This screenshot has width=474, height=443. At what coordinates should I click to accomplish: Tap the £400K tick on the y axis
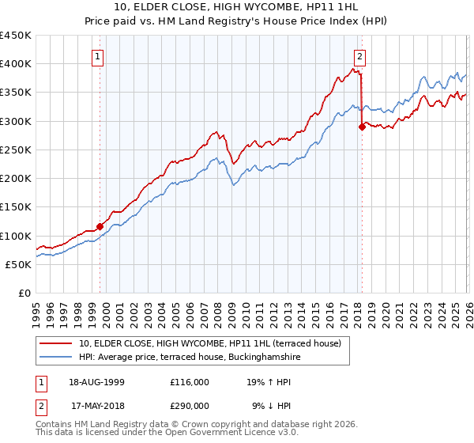(16, 64)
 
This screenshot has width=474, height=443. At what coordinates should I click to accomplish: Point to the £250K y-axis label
(16, 150)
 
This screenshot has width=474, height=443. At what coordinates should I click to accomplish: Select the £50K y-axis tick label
(18, 264)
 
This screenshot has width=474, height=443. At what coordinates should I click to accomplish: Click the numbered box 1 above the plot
(97, 56)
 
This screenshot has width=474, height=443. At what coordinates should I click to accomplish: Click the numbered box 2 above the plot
(359, 56)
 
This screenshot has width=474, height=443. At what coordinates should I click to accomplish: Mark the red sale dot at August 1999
(100, 226)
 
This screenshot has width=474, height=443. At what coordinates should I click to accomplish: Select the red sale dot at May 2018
(362, 127)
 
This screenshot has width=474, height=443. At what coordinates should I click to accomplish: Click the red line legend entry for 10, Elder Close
(209, 344)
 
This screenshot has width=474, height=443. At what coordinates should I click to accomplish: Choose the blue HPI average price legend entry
(190, 358)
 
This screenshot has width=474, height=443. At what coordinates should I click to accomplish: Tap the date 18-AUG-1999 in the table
(96, 381)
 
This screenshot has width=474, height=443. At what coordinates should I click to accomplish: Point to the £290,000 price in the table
(189, 405)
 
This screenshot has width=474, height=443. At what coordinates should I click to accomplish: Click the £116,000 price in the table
(189, 381)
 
